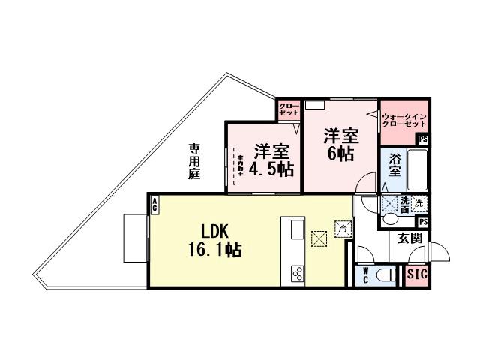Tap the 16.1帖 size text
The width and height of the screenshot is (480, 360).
tap(214, 250)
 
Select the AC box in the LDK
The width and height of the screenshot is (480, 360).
tap(154, 203)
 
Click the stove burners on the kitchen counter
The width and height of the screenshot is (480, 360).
tap(296, 274)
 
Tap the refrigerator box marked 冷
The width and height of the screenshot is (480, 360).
tap(343, 228)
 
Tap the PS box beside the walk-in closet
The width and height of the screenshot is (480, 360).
tap(423, 139)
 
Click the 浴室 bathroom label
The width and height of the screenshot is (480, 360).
tap(394, 165)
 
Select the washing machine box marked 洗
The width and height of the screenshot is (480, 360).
tap(419, 202)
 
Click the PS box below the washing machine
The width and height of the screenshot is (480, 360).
tap(423, 222)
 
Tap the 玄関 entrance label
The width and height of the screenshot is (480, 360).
tap(409, 238)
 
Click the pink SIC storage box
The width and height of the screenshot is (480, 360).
tap(416, 274)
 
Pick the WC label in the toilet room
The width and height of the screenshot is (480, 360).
tap(365, 274)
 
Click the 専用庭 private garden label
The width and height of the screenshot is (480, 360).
tap(194, 160)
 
